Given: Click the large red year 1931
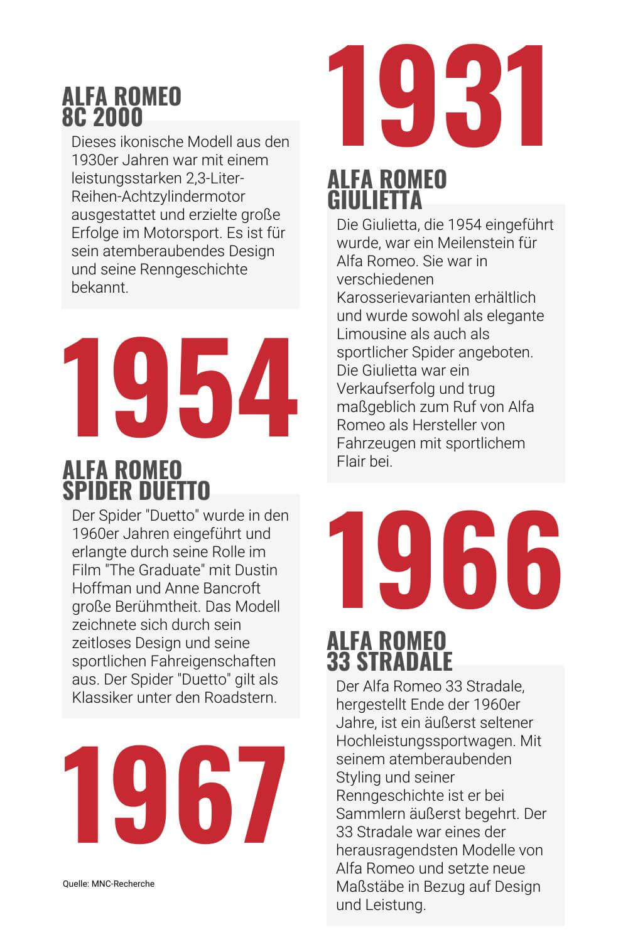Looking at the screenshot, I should pyautogui.click(x=436, y=95).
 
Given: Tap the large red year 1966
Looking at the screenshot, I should pyautogui.click(x=443, y=559).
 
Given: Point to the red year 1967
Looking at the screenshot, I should pyautogui.click(x=174, y=794).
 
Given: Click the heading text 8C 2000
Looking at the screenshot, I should pyautogui.click(x=102, y=117).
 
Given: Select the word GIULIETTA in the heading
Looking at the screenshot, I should pyautogui.click(x=374, y=200).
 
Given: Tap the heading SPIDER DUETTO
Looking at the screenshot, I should pyautogui.click(x=136, y=490).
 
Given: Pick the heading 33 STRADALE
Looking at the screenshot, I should pyautogui.click(x=389, y=661).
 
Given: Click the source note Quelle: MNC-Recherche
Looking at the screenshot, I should pyautogui.click(x=108, y=884).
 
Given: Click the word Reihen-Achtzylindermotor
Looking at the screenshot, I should pyautogui.click(x=158, y=197).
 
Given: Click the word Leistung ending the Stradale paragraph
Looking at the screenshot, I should pyautogui.click(x=396, y=905).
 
